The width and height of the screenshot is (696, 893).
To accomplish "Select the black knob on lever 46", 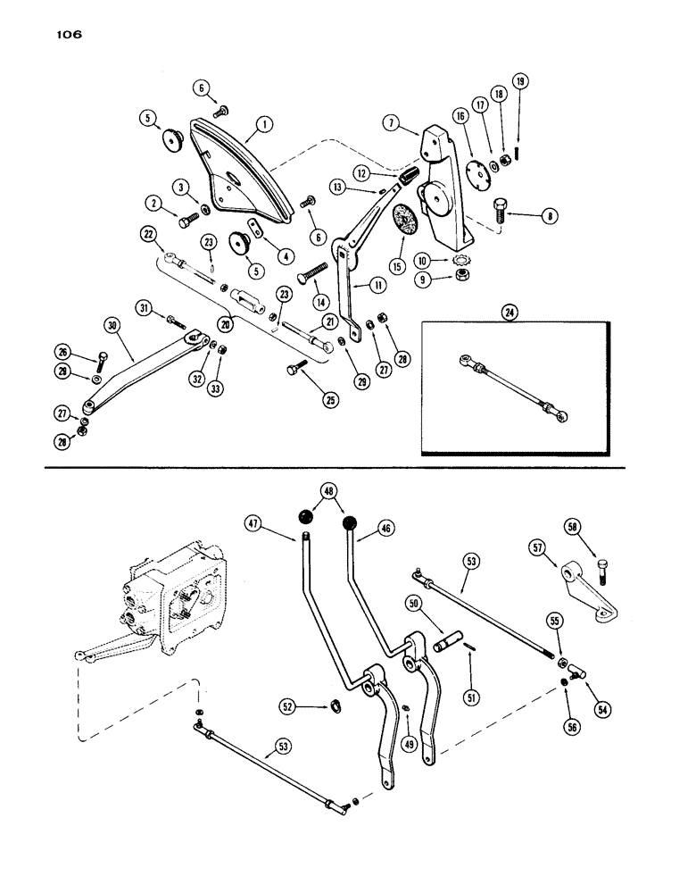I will click(x=352, y=524).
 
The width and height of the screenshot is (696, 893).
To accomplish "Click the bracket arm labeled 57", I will click(x=590, y=598).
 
